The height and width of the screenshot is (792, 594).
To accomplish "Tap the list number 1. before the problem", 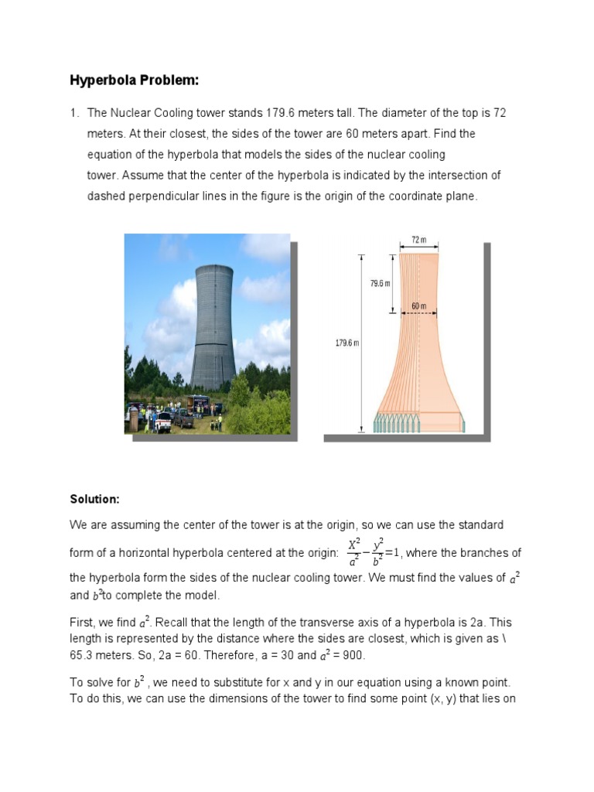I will (x=75, y=113).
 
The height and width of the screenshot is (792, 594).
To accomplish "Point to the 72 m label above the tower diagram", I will (x=418, y=241).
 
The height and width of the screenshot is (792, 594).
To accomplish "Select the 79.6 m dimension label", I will (x=380, y=284).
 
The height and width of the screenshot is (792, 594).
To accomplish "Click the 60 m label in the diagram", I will (x=418, y=306).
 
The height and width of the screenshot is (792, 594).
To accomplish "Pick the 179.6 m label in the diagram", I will (x=346, y=343).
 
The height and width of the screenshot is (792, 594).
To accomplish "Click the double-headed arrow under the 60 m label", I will (x=418, y=313).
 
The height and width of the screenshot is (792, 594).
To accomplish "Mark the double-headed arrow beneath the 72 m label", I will (x=418, y=249).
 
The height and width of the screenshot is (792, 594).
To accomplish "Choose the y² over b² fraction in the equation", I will (x=378, y=553).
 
